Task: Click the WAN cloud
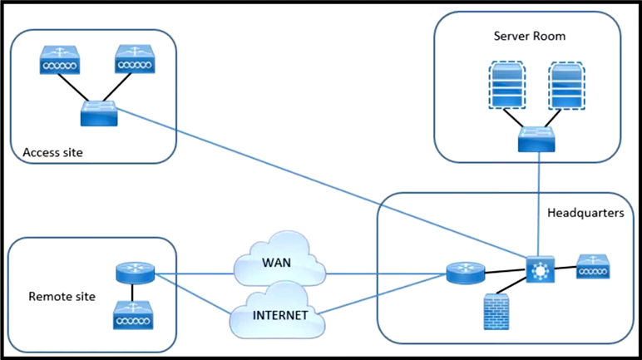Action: tap(279, 259)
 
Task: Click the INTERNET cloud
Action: tap(278, 310)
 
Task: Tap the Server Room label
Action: tap(530, 36)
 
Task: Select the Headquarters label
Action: tap(585, 213)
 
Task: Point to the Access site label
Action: tap(53, 153)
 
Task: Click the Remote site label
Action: tap(62, 297)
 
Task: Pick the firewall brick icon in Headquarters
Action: tap(496, 312)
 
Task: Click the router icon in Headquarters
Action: tap(466, 274)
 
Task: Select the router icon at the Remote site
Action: tap(135, 274)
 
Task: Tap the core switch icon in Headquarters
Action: tap(540, 269)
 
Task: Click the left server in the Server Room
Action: tap(507, 85)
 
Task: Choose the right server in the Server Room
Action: tap(566, 86)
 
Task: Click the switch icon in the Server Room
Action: tap(536, 139)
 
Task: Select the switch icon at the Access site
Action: tap(99, 113)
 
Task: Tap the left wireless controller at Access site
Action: tap(60, 60)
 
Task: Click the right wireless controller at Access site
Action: tap(135, 59)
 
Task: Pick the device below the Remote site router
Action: tap(133, 315)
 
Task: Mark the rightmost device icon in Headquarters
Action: tap(593, 267)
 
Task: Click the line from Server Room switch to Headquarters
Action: tap(538, 205)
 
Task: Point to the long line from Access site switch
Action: tap(322, 183)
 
